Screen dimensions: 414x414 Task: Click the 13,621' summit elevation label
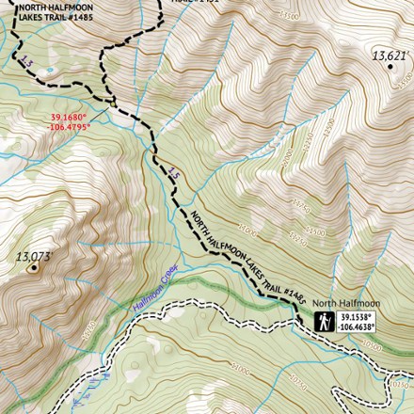tap(389, 56)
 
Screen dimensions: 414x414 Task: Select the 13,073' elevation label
tap(32, 255)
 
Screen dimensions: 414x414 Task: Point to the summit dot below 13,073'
tap(36, 267)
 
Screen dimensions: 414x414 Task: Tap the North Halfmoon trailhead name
tap(346, 303)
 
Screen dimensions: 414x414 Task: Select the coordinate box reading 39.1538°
tap(358, 322)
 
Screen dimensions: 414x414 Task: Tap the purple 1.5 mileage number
tap(172, 173)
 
